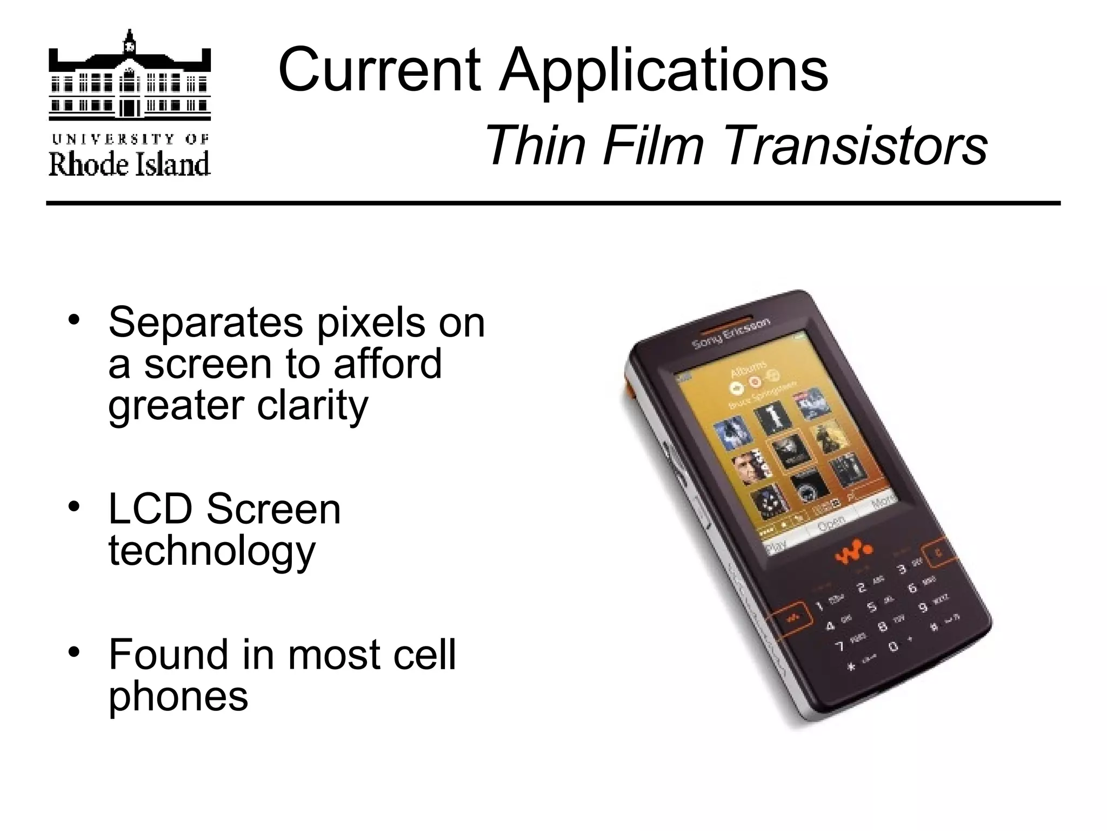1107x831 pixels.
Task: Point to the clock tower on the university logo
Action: point(129,44)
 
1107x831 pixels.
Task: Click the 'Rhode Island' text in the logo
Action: point(129,164)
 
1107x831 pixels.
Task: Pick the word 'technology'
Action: point(212,552)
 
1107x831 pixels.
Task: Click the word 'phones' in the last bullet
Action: point(178,697)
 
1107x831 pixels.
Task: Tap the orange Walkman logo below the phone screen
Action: point(853,553)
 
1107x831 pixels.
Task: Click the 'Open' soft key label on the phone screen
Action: point(831,523)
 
